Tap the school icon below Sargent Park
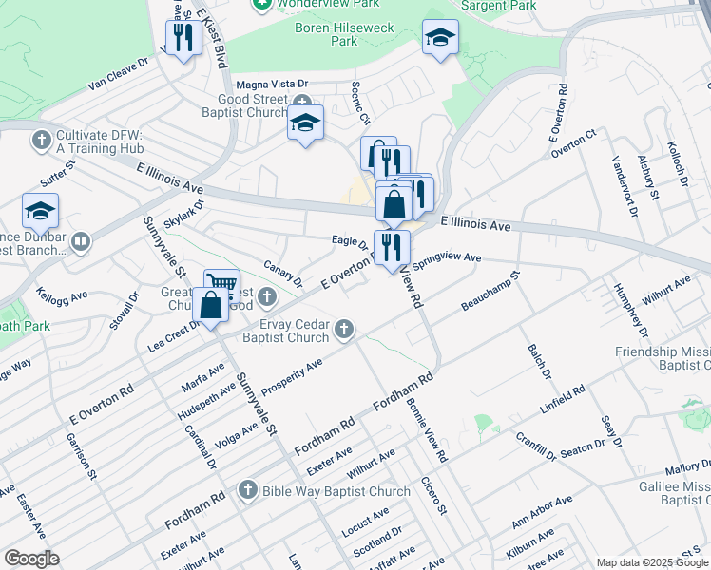[439, 39]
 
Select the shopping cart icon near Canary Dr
[221, 285]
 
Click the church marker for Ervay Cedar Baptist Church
[344, 330]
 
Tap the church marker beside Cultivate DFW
[41, 141]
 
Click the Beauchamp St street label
[490, 293]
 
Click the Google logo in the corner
[30, 559]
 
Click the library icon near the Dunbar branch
[80, 242]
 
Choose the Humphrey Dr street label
[631, 311]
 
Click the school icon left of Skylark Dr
[40, 210]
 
